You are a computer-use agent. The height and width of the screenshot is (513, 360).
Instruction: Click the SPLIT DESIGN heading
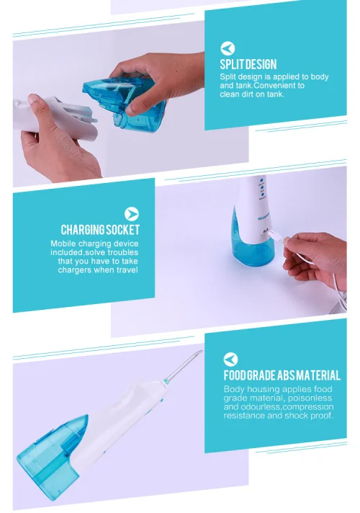click(x=248, y=64)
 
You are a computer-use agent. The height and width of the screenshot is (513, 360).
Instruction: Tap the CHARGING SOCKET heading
click(x=100, y=230)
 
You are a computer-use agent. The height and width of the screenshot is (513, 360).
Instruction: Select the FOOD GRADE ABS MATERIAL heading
click(x=282, y=375)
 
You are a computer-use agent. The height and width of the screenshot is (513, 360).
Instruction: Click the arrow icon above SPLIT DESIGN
click(x=228, y=48)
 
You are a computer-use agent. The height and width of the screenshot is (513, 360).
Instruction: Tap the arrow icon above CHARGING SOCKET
click(x=132, y=214)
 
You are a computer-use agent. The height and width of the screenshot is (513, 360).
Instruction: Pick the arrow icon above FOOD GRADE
click(x=231, y=360)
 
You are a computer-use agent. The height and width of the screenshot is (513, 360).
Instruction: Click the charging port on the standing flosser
click(x=265, y=232)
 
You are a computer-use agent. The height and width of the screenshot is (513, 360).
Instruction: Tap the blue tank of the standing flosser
click(x=252, y=244)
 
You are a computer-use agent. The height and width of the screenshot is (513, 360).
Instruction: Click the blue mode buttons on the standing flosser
click(x=262, y=188)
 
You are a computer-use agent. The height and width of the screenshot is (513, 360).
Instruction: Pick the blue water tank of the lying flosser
click(x=53, y=458)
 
